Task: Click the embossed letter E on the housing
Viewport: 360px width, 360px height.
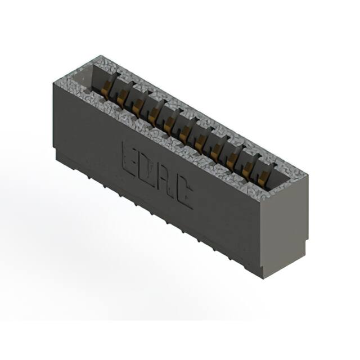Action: coord(130,160)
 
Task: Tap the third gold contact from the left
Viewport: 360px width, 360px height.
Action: coord(137,105)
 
